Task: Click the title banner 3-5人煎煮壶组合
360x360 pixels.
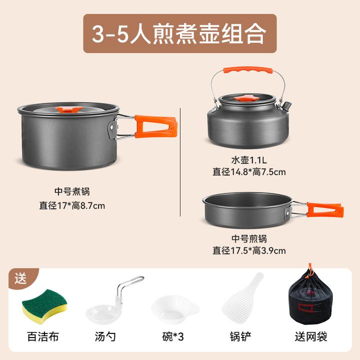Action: [179, 33]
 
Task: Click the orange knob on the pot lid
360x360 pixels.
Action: [69, 109]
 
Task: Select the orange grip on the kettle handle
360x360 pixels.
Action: [248, 71]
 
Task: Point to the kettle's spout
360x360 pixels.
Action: [286, 106]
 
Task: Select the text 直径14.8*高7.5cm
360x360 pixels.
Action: [249, 172]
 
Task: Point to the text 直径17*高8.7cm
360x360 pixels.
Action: [72, 204]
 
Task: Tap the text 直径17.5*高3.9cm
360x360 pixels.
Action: [249, 250]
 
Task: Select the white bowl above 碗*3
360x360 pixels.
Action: [174, 309]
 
